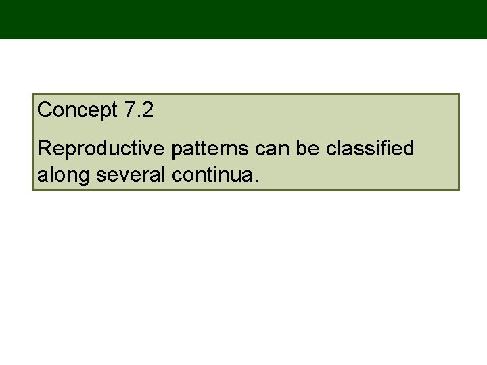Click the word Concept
(x=78, y=110)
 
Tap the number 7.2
(x=139, y=110)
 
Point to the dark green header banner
(x=243, y=19)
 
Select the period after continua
(x=255, y=180)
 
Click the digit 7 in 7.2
(x=131, y=110)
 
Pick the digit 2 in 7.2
(x=148, y=110)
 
